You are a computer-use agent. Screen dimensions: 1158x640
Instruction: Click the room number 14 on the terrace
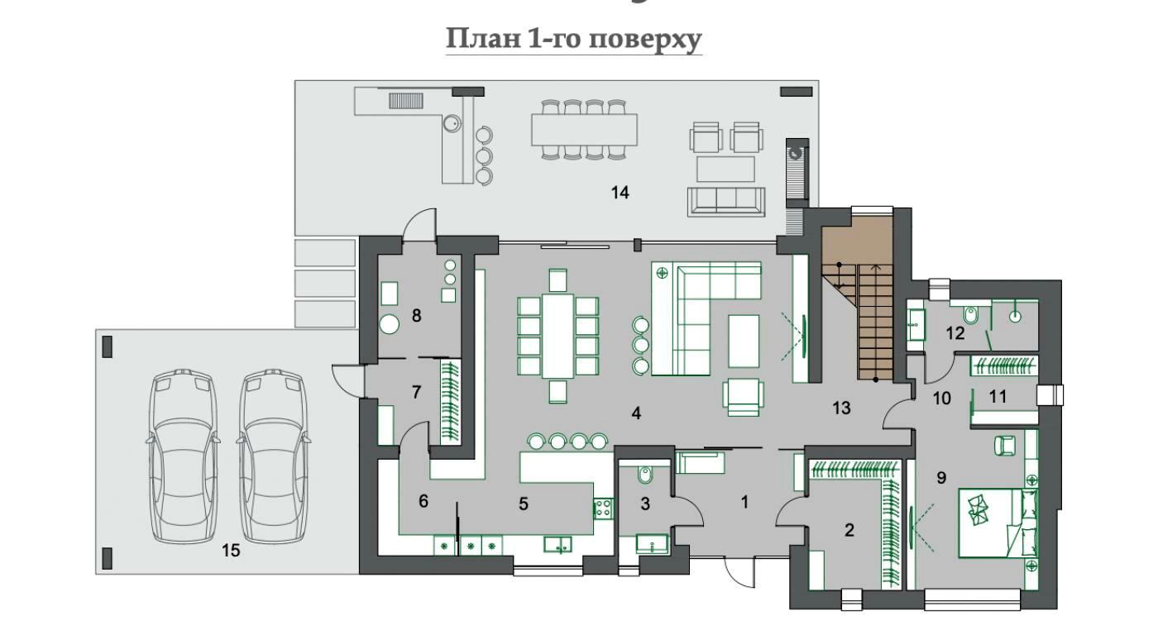620,193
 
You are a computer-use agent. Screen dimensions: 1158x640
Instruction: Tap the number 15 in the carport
231,551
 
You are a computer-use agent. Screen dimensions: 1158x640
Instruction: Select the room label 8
417,315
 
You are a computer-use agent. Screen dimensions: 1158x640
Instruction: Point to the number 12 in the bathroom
955,333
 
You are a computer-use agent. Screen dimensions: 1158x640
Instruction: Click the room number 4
636,413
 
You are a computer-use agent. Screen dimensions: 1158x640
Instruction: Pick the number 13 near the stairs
842,408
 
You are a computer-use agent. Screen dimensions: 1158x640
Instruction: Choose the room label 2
849,530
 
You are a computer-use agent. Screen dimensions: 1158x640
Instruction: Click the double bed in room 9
998,523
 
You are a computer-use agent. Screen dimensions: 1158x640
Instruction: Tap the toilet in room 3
644,475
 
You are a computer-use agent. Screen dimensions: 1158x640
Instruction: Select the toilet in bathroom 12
971,313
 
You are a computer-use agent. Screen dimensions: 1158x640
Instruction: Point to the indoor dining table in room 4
557,335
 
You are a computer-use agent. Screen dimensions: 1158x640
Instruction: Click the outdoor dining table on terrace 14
584,130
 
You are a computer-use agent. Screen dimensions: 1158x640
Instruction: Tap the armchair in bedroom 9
1005,446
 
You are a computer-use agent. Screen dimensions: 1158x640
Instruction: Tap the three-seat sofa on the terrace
726,202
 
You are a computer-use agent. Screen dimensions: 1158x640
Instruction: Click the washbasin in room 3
653,544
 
